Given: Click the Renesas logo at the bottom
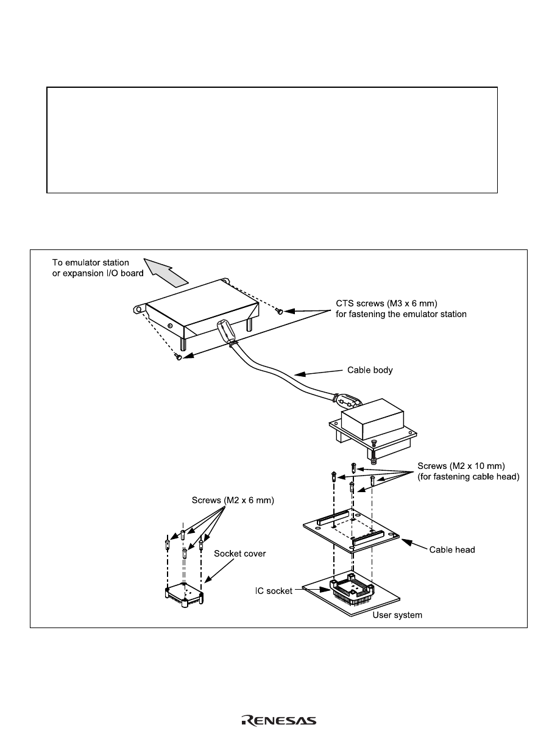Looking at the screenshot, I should (278, 720).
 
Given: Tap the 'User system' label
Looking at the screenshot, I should (397, 615).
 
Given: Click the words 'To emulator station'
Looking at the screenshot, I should (91, 262).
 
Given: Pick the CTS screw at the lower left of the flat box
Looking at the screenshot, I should (177, 357).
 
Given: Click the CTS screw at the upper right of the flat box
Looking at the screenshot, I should (279, 311).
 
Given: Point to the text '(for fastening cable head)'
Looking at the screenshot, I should (467, 477).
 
